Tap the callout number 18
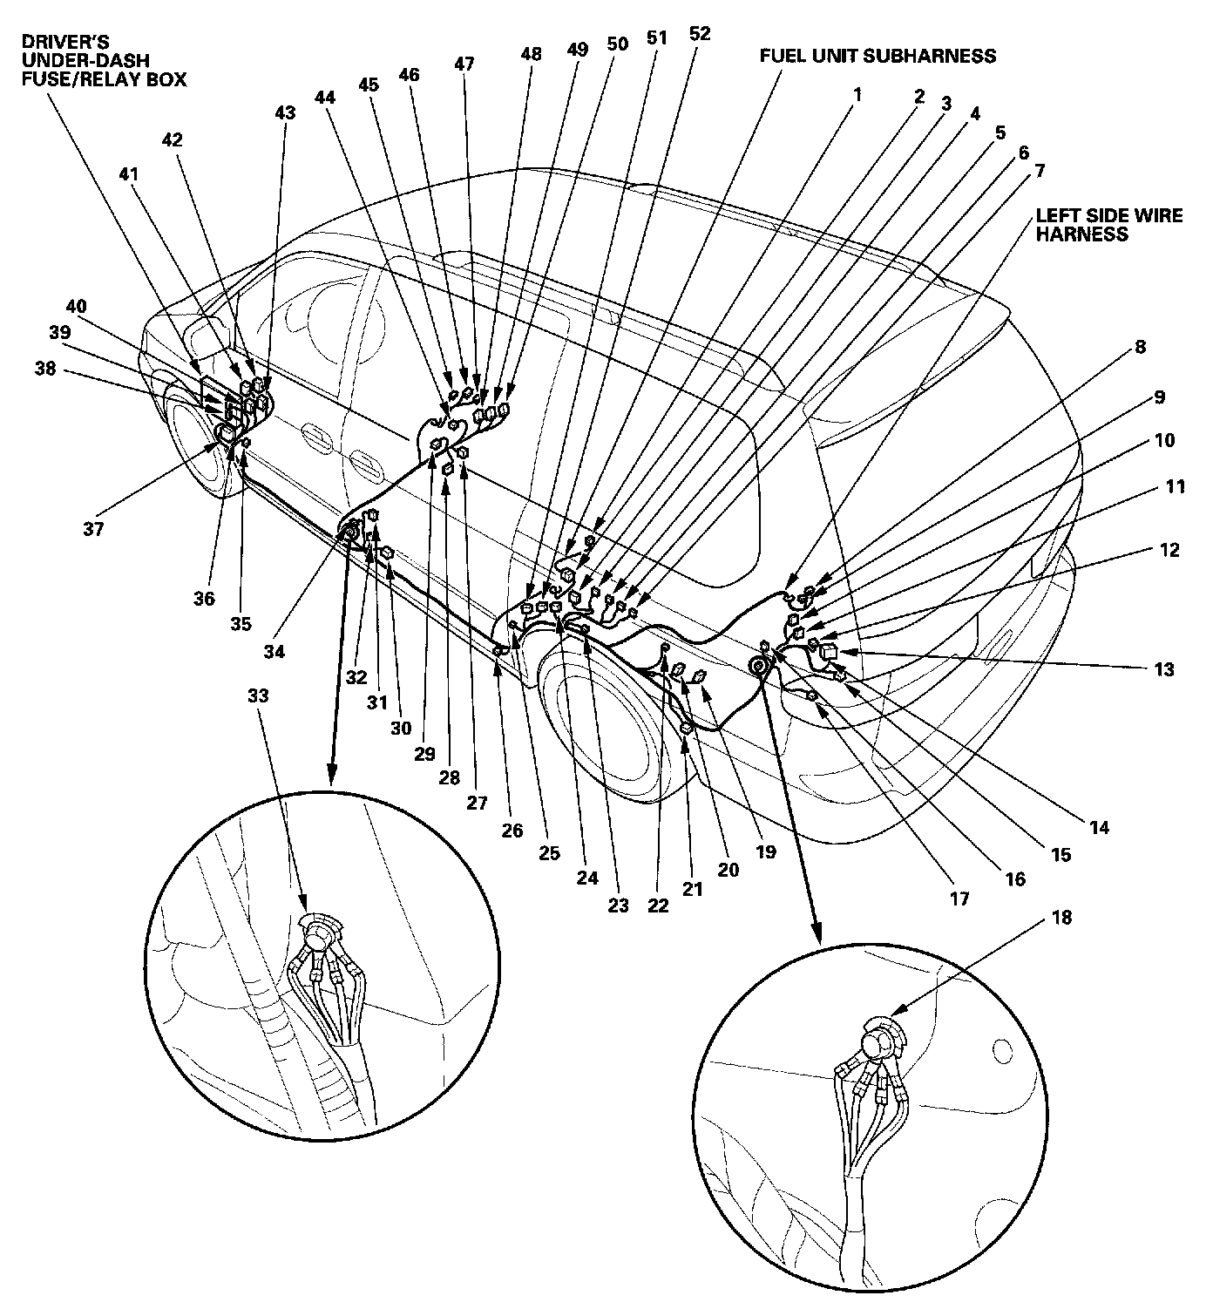coord(1061,918)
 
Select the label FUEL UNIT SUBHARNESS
coord(878,57)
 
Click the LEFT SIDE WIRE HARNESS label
coord(1108,225)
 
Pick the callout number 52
coord(699,34)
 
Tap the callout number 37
coord(93,528)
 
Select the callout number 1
coord(857,93)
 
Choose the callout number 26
coord(512,831)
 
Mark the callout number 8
coord(1139,347)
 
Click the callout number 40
coord(77,307)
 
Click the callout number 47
coord(464,64)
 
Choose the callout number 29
coord(424,754)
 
